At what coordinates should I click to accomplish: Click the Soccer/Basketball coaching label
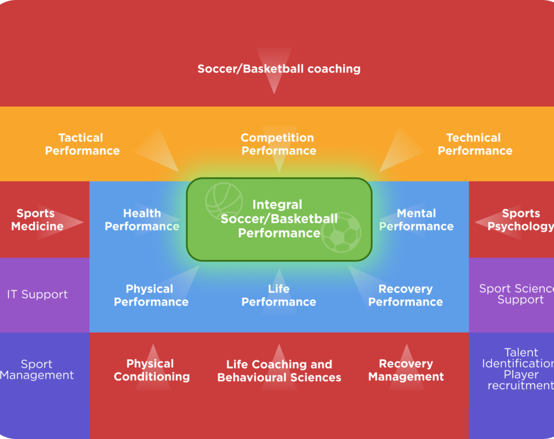click(279, 69)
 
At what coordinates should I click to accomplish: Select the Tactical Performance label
click(82, 144)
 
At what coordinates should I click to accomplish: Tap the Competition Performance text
click(279, 144)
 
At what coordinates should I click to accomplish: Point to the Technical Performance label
click(475, 144)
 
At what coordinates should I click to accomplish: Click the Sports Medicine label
click(37, 219)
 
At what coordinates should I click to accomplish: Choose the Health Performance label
click(142, 219)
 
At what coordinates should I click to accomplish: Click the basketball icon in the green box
click(224, 201)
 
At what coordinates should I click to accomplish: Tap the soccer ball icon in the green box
click(341, 233)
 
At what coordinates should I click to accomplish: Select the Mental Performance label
click(416, 219)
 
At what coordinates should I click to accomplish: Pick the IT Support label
click(37, 294)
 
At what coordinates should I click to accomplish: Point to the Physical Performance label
click(151, 295)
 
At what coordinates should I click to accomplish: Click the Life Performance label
click(279, 295)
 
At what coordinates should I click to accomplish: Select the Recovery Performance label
click(406, 295)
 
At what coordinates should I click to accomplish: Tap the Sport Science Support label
click(517, 294)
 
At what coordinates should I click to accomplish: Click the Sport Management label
click(37, 369)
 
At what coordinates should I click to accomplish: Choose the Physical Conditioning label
click(151, 370)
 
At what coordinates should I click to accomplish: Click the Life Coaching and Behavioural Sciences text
click(279, 371)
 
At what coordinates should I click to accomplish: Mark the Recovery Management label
click(406, 370)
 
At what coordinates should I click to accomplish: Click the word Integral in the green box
click(278, 204)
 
